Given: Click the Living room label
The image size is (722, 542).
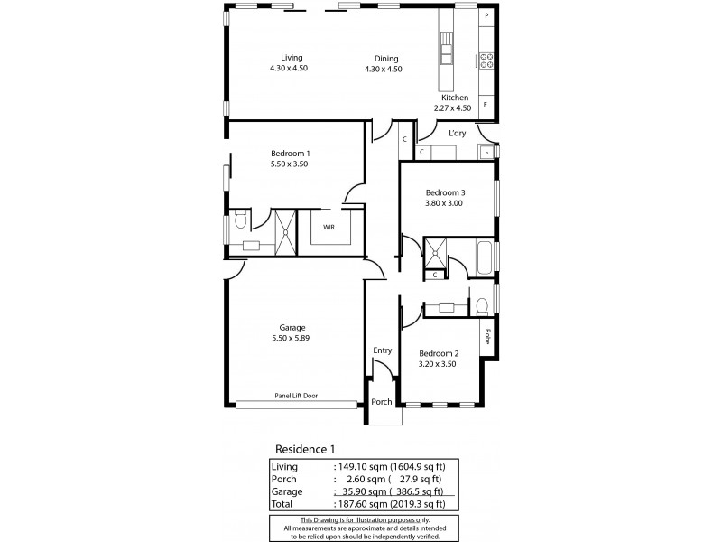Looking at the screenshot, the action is click(x=292, y=58).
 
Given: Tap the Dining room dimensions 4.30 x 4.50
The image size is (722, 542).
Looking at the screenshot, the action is click(x=383, y=70).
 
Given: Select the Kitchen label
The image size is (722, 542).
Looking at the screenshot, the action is click(x=455, y=98).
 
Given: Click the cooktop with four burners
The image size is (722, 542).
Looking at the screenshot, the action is click(x=486, y=61).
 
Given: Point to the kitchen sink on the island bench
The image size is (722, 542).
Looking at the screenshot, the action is click(x=446, y=48).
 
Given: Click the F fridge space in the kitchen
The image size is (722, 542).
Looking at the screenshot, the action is click(x=486, y=105).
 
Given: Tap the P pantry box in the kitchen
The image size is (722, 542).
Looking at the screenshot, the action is click(x=486, y=15).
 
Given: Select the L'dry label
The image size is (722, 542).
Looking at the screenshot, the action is click(x=458, y=133).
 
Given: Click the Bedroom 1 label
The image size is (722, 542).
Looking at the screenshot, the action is click(x=290, y=154).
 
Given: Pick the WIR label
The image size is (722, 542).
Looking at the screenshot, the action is click(x=329, y=228).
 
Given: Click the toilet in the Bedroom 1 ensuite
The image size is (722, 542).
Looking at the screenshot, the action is click(x=240, y=221).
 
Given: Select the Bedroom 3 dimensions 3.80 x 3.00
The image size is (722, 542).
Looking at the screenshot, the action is click(x=444, y=203).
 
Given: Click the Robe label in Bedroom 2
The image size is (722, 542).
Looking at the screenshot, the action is click(x=487, y=336).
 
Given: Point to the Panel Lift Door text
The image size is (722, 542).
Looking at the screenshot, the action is click(x=296, y=396).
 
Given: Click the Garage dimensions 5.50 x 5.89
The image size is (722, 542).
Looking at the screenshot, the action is click(x=291, y=338).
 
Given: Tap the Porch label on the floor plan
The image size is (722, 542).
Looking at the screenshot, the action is click(x=382, y=402).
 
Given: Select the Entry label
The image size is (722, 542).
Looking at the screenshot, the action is click(x=382, y=350).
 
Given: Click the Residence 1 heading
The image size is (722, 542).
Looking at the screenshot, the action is click(x=305, y=449).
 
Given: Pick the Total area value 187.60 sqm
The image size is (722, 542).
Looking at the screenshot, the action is click(x=363, y=504).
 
